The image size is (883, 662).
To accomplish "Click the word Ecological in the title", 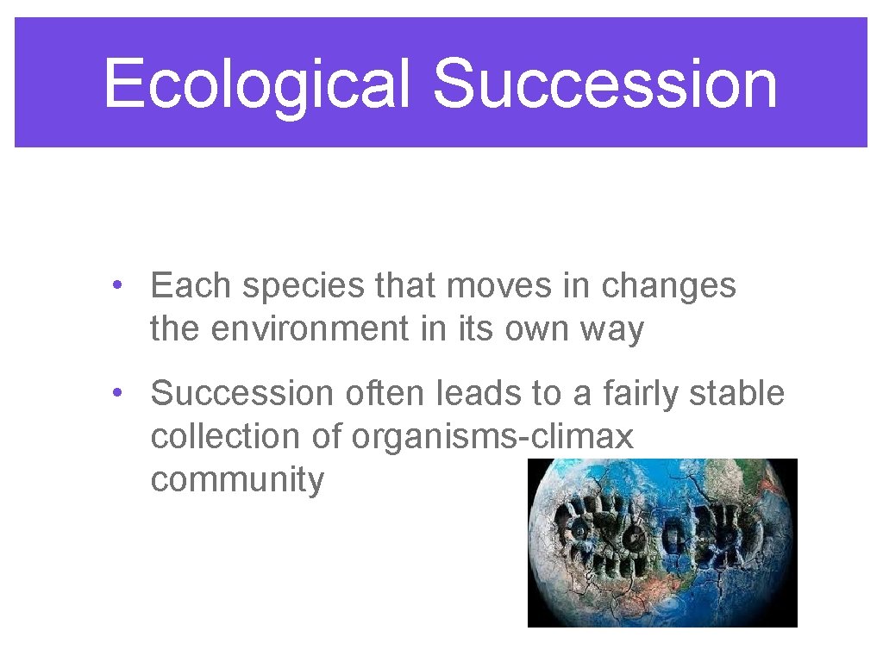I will [x=256, y=84].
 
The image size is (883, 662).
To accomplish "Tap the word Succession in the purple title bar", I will [x=604, y=84].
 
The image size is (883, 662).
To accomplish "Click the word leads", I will [x=477, y=393].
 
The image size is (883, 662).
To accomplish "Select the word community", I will [x=237, y=481].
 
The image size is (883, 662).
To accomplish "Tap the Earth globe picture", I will [x=662, y=542].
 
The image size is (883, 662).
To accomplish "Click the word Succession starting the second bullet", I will [x=241, y=393].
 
